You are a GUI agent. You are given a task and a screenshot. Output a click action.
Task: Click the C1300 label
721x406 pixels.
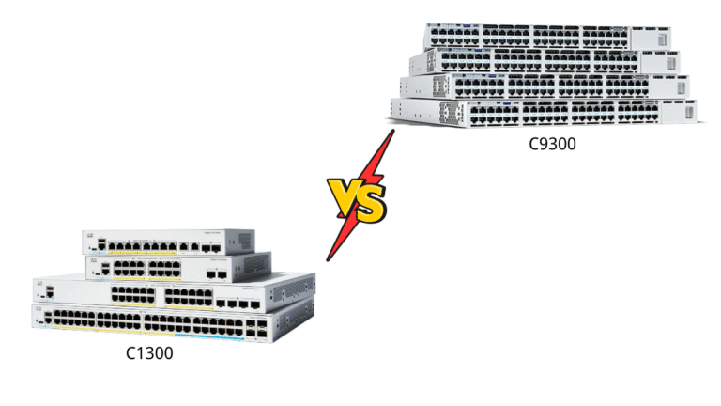pyautogui.click(x=149, y=354)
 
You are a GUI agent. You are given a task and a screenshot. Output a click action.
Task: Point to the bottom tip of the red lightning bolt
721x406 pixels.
pyautogui.click(x=329, y=259)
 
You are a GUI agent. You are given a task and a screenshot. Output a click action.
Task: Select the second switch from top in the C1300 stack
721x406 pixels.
pyautogui.click(x=178, y=267)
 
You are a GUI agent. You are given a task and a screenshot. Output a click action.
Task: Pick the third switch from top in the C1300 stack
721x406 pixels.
pyautogui.click(x=174, y=293)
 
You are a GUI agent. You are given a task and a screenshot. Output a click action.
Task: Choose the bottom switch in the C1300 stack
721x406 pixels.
pyautogui.click(x=150, y=323)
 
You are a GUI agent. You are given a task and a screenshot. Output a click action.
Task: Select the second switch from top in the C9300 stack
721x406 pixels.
pyautogui.click(x=545, y=61)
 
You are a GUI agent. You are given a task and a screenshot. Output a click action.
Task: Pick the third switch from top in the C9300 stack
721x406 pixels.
pyautogui.click(x=545, y=86)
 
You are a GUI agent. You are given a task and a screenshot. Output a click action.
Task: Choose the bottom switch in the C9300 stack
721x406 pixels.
pyautogui.click(x=545, y=112)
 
